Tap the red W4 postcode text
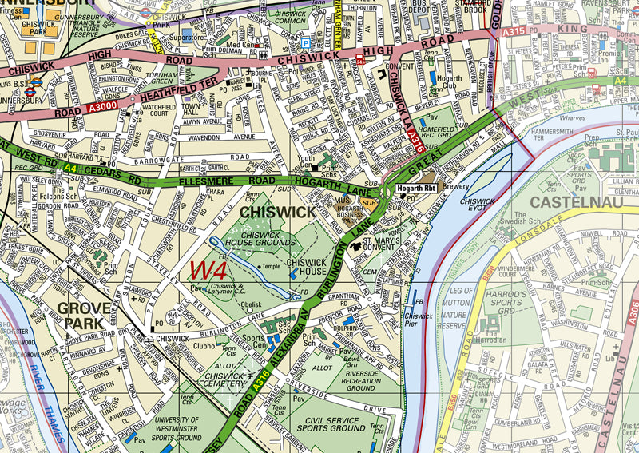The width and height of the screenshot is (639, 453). pyautogui.click(x=210, y=270)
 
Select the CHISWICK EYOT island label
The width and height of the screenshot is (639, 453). pyautogui.click(x=478, y=205)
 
